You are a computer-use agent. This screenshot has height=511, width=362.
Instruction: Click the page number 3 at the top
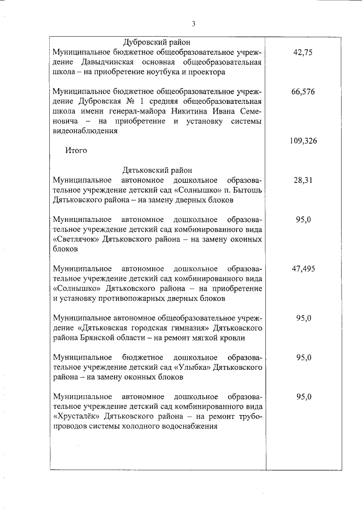[x=193, y=24]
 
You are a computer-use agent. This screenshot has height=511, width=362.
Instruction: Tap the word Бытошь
[x=245, y=190]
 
